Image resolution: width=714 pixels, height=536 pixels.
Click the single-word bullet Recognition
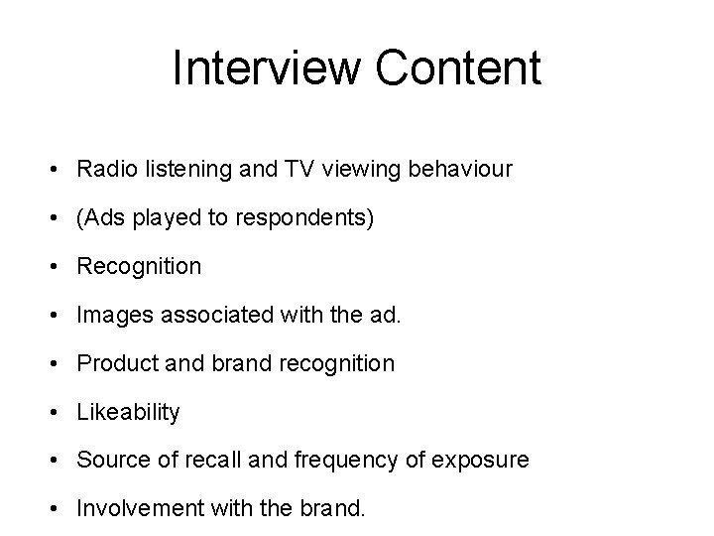139,266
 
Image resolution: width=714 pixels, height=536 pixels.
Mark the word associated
206,315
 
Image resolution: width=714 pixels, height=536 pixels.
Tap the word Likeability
128,412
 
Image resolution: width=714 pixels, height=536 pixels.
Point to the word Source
110,461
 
